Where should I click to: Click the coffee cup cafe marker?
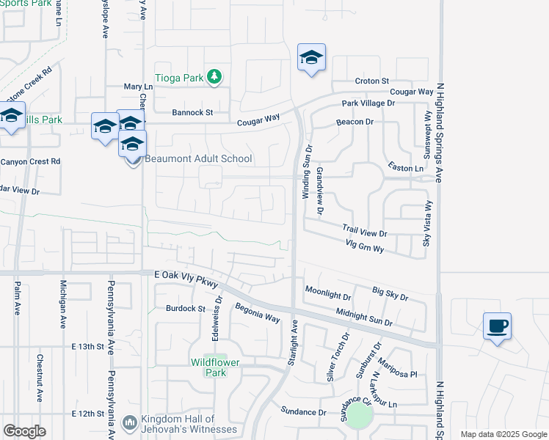[497, 326]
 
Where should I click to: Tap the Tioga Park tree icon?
[214, 77]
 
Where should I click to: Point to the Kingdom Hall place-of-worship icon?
[130, 422]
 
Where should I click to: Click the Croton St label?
[371, 81]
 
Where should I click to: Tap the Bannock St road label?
[192, 113]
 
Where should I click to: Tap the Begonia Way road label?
[258, 314]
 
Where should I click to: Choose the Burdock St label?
[185, 309]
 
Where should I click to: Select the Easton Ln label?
[406, 169]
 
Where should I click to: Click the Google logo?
[24, 431]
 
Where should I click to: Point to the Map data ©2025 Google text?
[503, 434]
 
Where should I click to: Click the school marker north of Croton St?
[311, 58]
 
